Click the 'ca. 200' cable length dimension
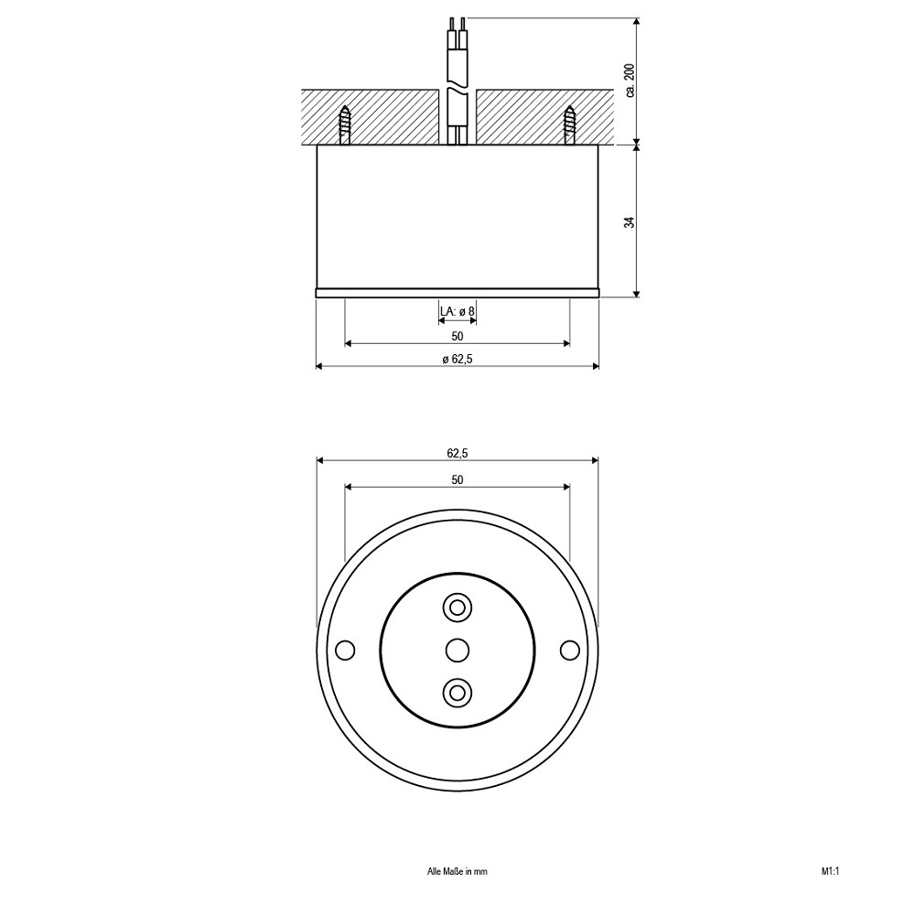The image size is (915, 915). (630, 81)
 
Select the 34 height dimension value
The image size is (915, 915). (630, 222)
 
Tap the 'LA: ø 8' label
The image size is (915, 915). (457, 312)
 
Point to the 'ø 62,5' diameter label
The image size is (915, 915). (457, 360)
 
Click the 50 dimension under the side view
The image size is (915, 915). (457, 336)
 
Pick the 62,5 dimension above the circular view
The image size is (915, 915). (457, 453)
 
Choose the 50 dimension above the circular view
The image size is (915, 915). (457, 479)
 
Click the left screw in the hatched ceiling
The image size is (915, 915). (345, 124)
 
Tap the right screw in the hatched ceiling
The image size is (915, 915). (569, 124)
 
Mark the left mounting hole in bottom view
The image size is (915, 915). (346, 650)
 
